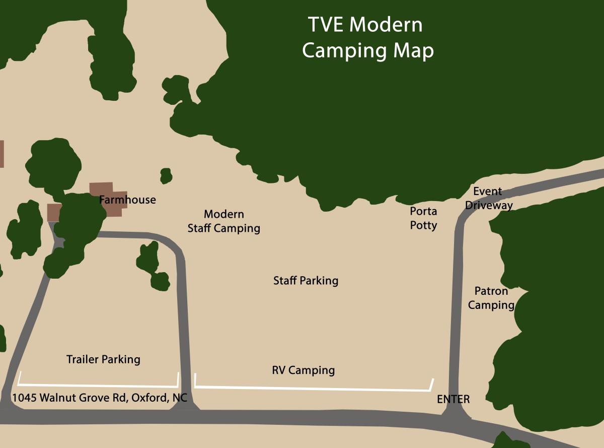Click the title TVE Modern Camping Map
(x=367, y=38)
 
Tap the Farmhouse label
(x=127, y=200)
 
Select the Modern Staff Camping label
(x=224, y=221)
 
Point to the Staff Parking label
(x=306, y=281)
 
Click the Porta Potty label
(x=423, y=218)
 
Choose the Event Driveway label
(x=488, y=198)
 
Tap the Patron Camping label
(x=491, y=298)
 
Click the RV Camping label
(x=303, y=370)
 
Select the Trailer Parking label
(x=103, y=359)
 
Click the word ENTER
(x=453, y=400)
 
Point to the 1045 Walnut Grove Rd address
(x=100, y=398)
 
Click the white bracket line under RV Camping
(x=312, y=389)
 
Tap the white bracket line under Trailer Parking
(x=98, y=385)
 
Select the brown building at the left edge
(x=2, y=154)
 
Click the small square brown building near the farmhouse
(x=53, y=212)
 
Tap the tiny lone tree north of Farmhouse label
(x=166, y=176)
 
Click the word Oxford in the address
(x=149, y=398)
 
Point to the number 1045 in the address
(x=23, y=398)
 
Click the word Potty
(x=423, y=225)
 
